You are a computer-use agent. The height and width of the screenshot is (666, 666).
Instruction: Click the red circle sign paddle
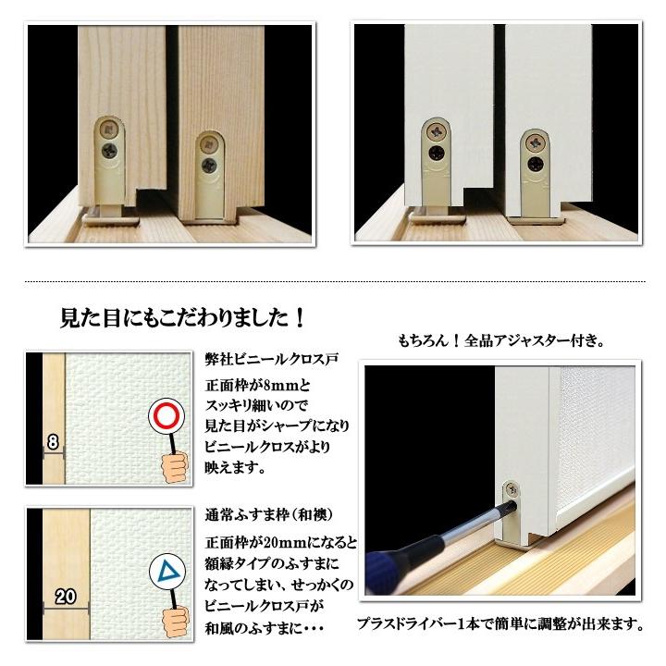tap(168, 417)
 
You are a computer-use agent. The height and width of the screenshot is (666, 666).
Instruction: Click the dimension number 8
tap(53, 442)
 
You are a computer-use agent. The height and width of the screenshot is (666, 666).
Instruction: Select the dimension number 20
tap(64, 597)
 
